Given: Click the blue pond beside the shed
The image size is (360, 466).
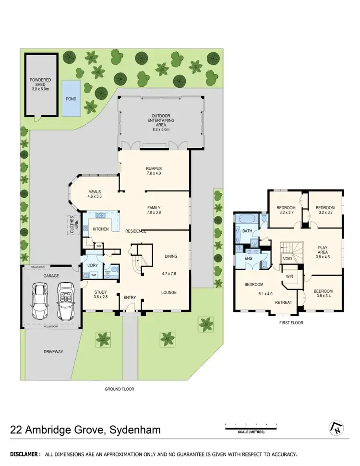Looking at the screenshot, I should pos(72,98).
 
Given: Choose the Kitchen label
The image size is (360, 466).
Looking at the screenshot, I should pos(101,229).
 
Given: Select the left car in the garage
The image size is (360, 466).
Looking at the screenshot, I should pos(40,301).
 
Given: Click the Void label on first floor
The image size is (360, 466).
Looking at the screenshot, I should pos(287,259).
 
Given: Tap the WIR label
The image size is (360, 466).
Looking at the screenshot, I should pos(289,277).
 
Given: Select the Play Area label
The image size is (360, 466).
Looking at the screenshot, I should pos(323,251).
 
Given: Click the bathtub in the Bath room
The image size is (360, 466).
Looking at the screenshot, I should pos(246,219).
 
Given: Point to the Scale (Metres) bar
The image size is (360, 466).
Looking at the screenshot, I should pos(251,426).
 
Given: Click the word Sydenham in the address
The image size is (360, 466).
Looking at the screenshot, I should pos(133,430).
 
